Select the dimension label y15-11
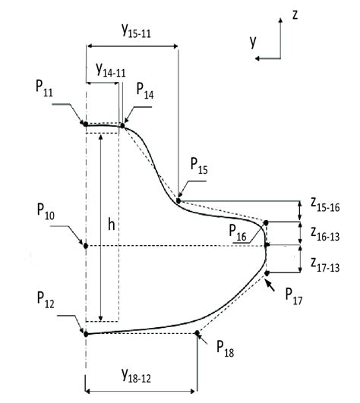coord(137,31)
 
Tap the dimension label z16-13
coord(325,232)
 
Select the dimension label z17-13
coord(325,262)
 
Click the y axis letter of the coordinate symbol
coord(253,43)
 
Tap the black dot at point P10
coord(86,246)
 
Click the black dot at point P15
coord(178,200)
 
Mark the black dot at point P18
coord(197,332)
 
